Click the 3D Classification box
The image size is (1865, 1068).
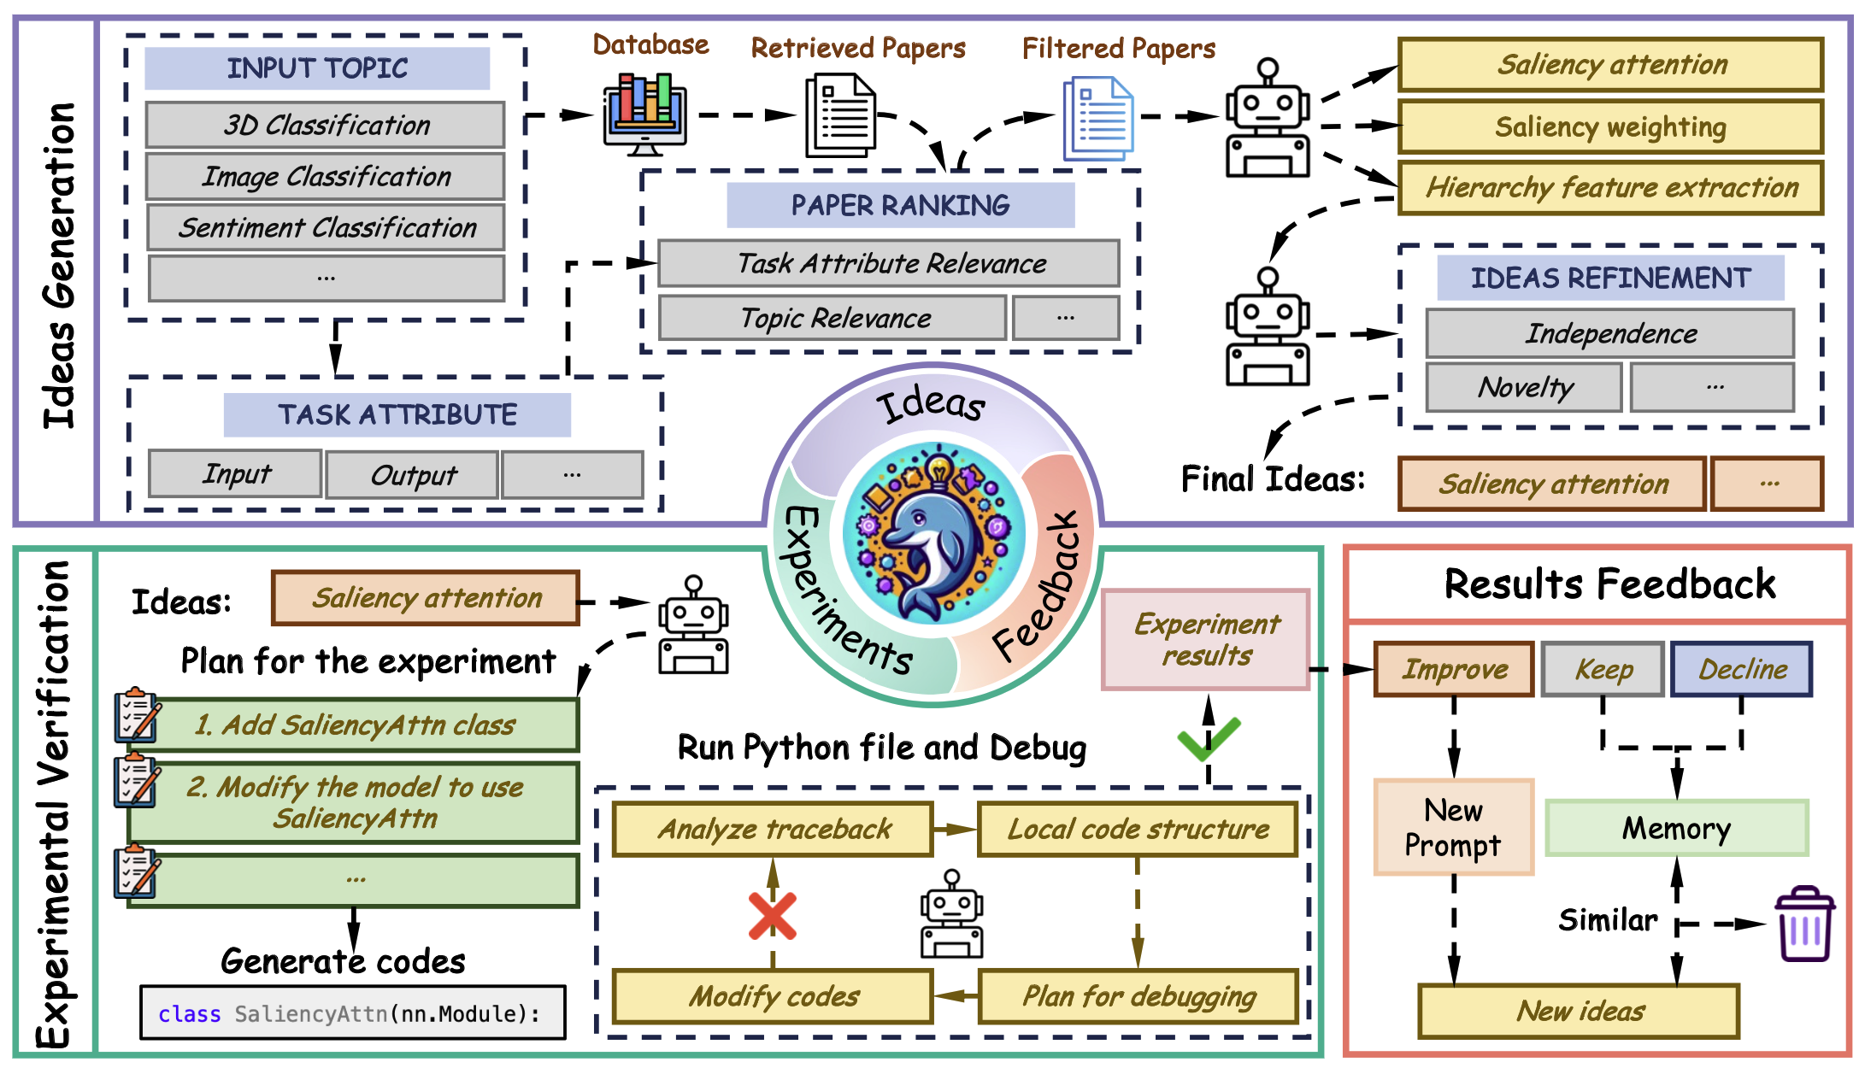click(325, 125)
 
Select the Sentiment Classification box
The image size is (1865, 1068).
click(326, 227)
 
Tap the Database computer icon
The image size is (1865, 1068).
click(645, 114)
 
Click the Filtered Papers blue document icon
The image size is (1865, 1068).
click(1097, 118)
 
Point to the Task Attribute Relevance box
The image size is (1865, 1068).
click(889, 263)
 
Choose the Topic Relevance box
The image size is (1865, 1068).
click(832, 318)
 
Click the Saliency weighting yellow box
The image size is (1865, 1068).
click(1610, 126)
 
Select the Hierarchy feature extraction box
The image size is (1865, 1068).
click(1610, 187)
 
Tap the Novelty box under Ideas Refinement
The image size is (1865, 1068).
click(1524, 387)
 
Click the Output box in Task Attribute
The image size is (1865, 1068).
click(412, 475)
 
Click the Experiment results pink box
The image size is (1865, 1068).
click(1205, 639)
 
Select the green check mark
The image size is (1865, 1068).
click(1208, 738)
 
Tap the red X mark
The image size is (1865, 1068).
click(772, 916)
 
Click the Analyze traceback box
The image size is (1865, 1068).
click(773, 829)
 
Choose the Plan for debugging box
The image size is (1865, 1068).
click(1138, 996)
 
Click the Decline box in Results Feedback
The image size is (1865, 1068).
click(1741, 669)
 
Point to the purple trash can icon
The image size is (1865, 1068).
click(1804, 924)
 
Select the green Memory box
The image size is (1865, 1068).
click(1676, 828)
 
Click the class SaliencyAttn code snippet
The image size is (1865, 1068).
click(352, 1013)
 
